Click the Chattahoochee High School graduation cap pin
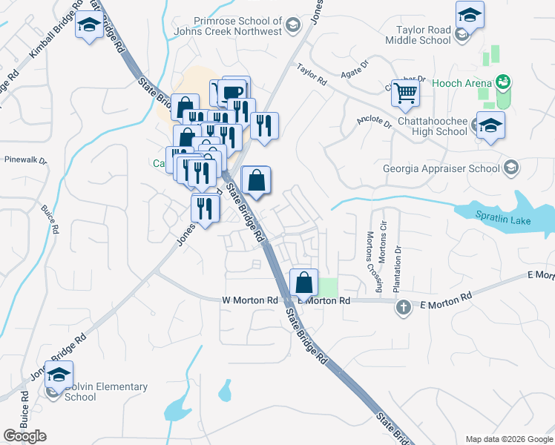click(490, 125)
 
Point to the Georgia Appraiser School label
click(441, 168)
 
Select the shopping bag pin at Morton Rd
click(304, 283)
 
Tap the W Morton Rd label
click(249, 300)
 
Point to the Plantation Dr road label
click(398, 252)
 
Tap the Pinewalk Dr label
click(25, 159)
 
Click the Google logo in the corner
click(24, 436)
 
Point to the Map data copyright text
click(508, 439)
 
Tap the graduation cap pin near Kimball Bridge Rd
click(90, 27)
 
